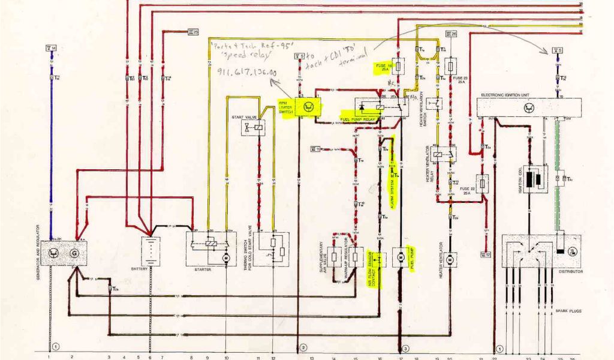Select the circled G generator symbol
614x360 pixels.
pyautogui.click(x=75, y=253)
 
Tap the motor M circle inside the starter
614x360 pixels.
pyautogui.click(x=226, y=257)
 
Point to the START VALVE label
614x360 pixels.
pyautogui.click(x=241, y=117)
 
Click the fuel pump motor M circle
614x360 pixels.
pyautogui.click(x=399, y=257)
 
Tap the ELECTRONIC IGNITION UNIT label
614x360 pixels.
pyautogui.click(x=505, y=95)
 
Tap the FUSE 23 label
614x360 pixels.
pyautogui.click(x=459, y=79)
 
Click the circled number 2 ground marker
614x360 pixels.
pyautogui.click(x=303, y=347)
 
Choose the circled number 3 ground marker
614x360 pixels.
pyautogui.click(x=406, y=347)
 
